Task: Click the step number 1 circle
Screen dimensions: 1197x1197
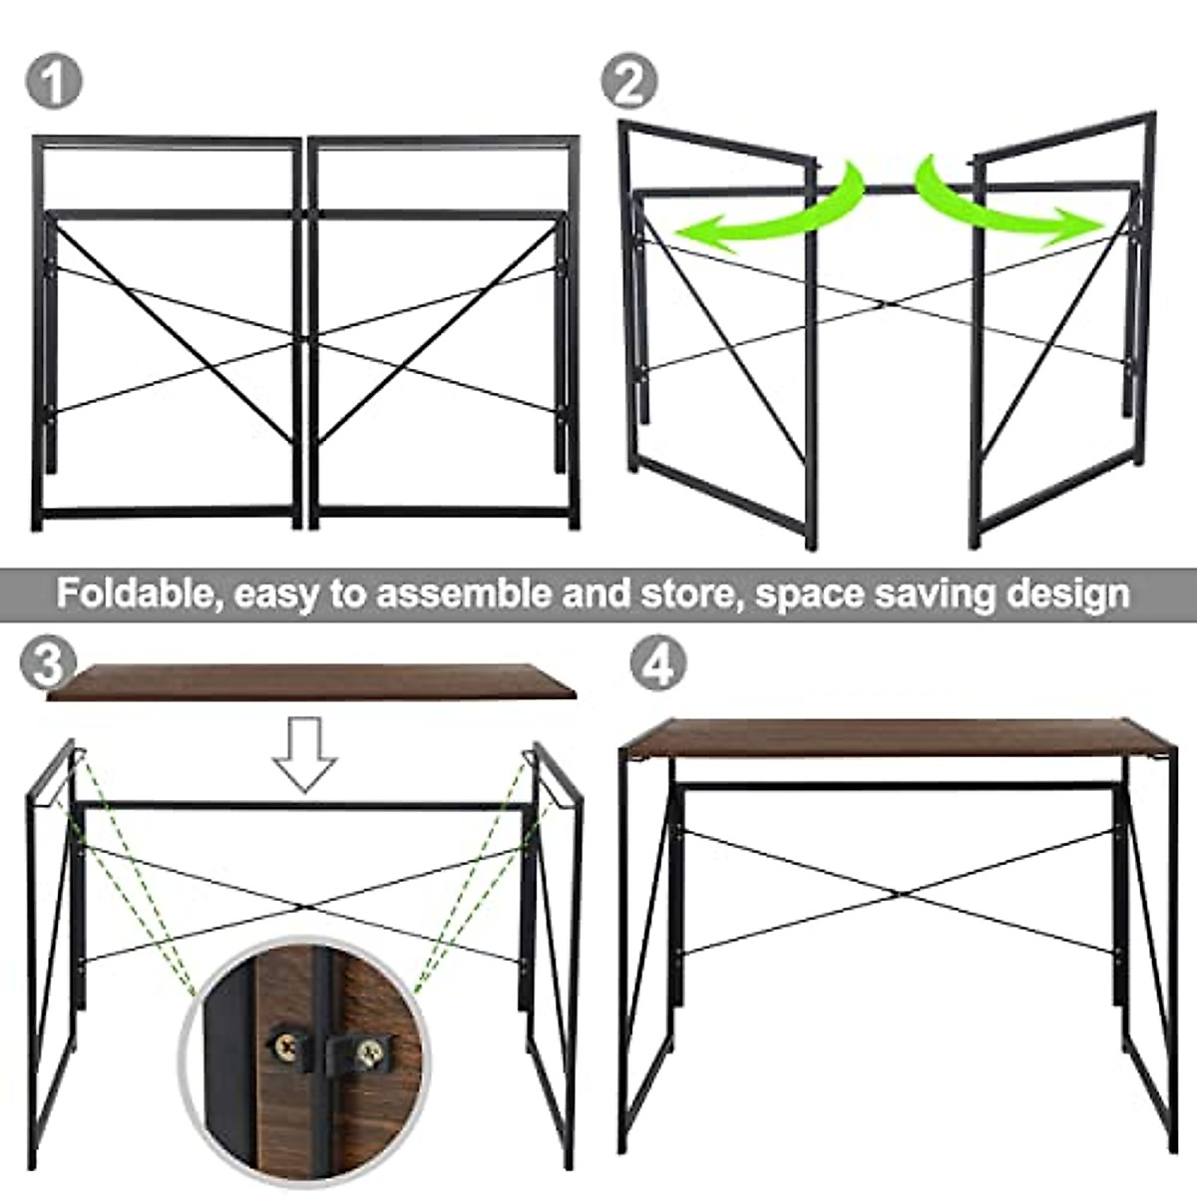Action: [x=53, y=81]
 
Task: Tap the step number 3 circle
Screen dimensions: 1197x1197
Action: [x=47, y=663]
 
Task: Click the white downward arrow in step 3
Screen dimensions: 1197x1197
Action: [x=306, y=753]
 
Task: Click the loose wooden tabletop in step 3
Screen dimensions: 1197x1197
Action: [x=309, y=682]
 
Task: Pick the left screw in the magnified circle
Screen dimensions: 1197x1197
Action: [x=283, y=1044]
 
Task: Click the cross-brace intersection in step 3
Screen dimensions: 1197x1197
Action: [x=304, y=906]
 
